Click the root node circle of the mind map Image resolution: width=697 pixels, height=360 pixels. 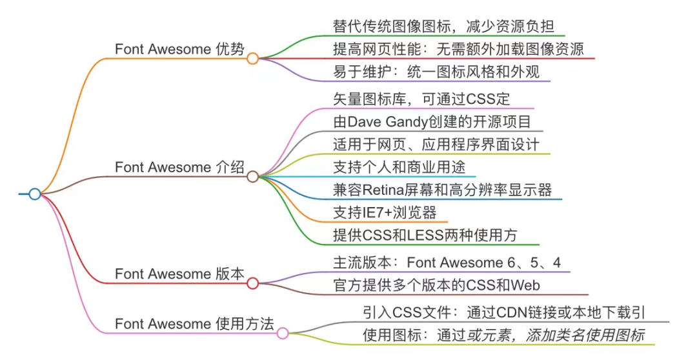click(35, 194)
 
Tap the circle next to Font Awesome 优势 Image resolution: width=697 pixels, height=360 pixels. click(253, 59)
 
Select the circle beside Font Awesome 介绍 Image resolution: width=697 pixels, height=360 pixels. click(253, 176)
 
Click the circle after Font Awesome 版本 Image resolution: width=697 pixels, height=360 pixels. click(253, 283)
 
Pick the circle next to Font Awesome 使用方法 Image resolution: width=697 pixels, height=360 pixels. click(283, 333)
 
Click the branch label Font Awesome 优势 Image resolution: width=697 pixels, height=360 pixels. click(179, 49)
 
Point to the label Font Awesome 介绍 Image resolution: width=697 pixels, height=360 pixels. click(179, 167)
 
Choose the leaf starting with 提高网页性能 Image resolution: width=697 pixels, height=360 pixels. click(458, 48)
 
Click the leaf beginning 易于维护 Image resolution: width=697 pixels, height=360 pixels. click(436, 71)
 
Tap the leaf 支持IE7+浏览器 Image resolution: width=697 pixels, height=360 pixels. click(385, 212)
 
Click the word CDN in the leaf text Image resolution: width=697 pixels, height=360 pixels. click(513, 312)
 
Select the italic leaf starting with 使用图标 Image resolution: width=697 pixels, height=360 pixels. click(503, 335)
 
